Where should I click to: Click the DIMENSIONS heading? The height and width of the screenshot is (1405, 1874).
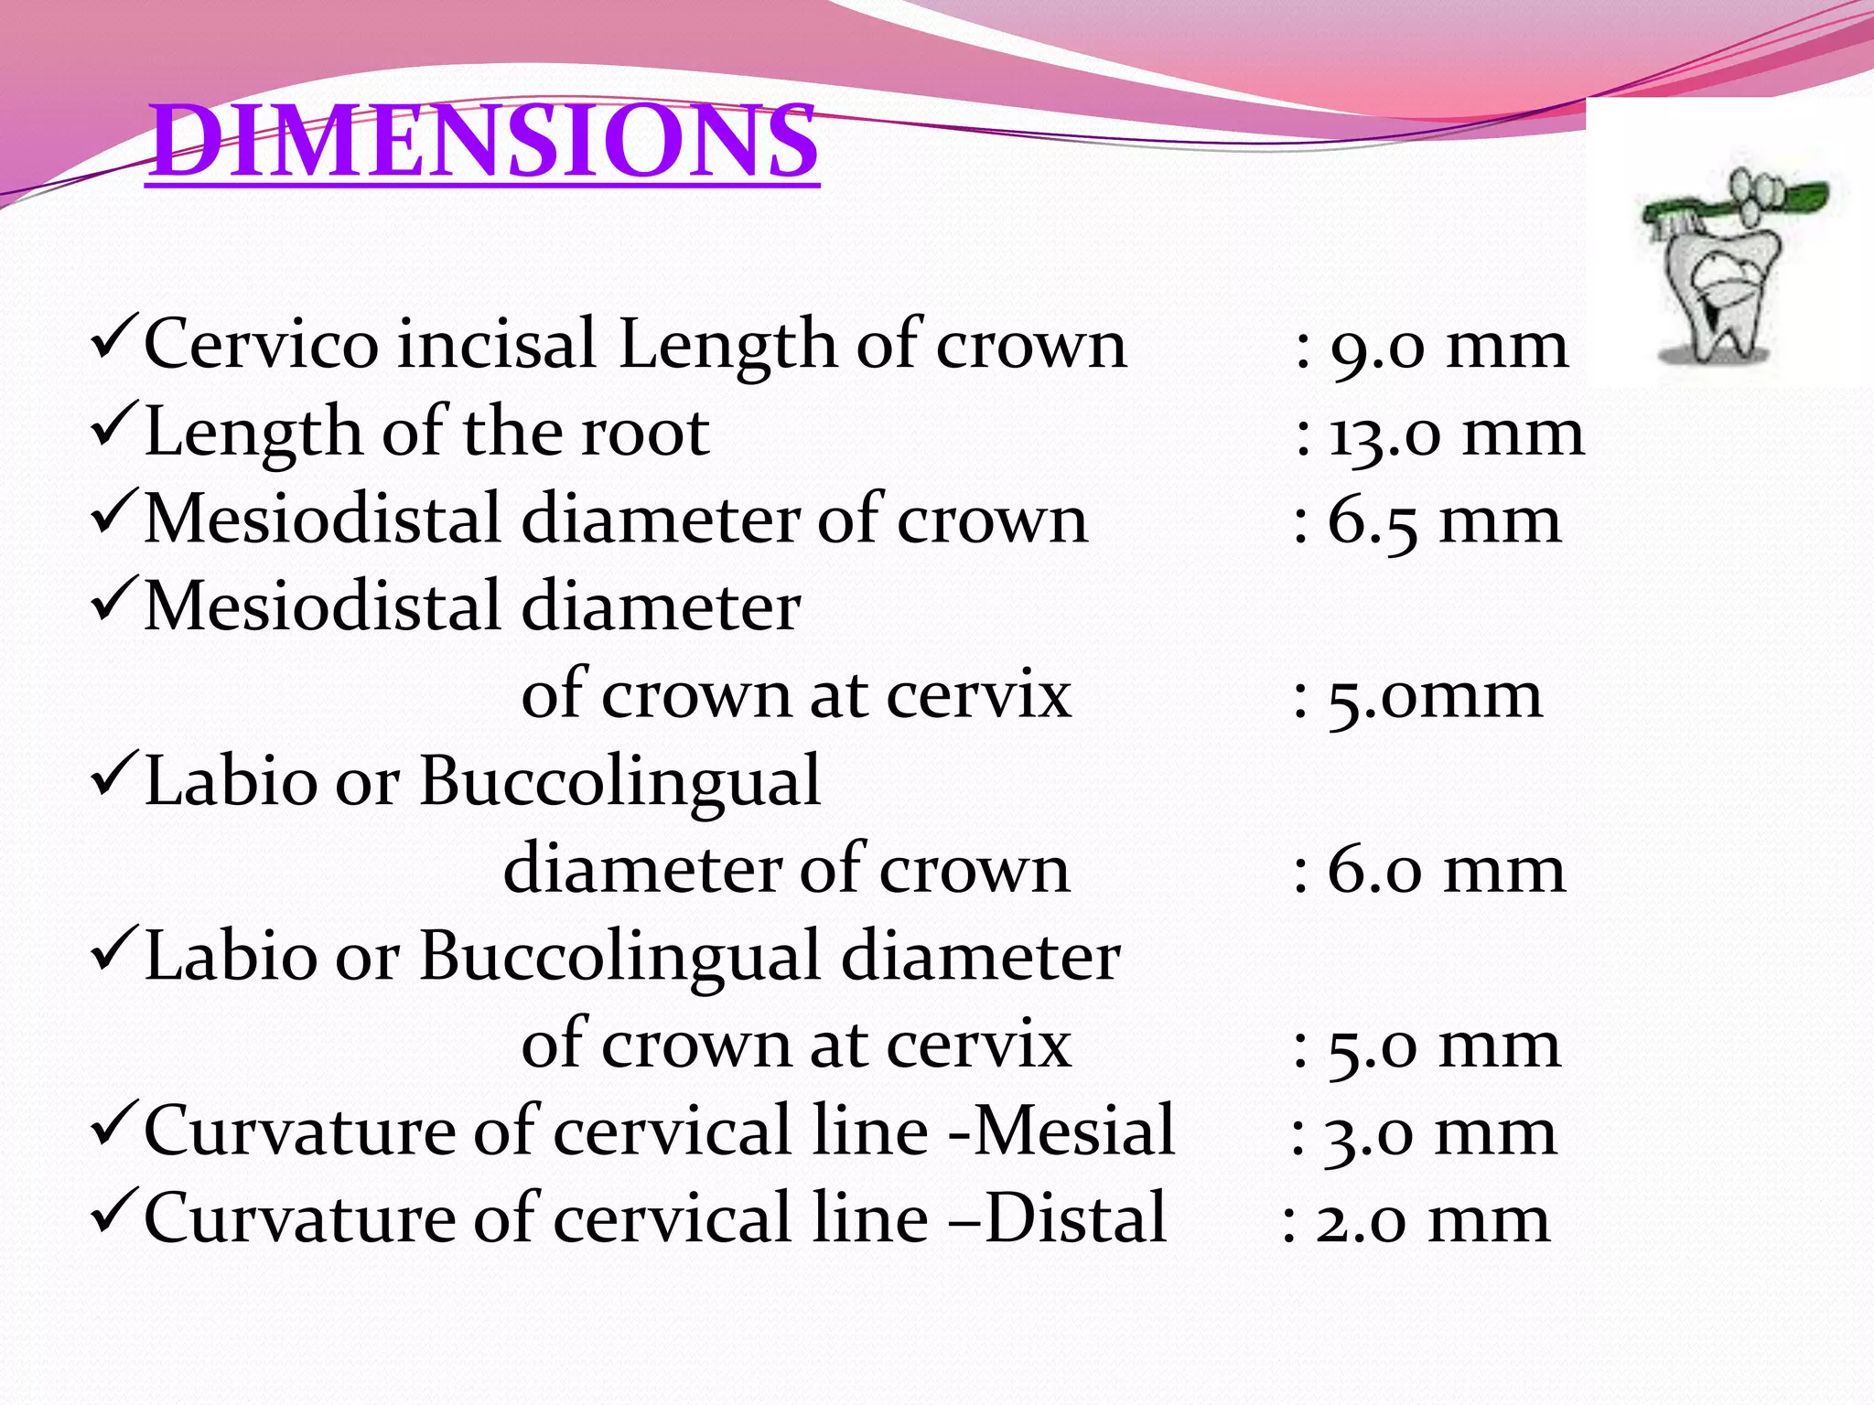[x=482, y=141]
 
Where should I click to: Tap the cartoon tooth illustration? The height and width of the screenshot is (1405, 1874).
[x=1720, y=293]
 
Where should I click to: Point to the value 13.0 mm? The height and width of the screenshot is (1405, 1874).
[x=1456, y=434]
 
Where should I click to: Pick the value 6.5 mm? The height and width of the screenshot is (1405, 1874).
[x=1444, y=521]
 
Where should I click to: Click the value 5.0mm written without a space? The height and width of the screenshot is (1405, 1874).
[x=1435, y=697]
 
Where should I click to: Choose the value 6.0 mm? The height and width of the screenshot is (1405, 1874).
[x=1446, y=871]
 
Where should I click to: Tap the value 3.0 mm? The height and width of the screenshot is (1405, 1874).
[x=1440, y=1134]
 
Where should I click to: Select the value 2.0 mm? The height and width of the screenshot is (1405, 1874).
[x=1433, y=1221]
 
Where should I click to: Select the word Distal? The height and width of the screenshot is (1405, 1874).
[x=1076, y=1218]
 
